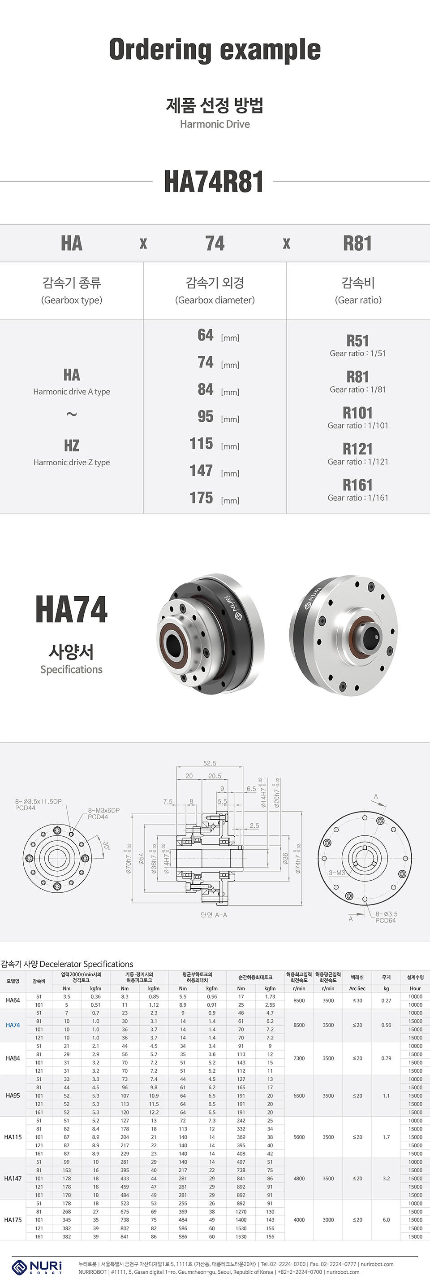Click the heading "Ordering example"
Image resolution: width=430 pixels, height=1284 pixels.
(x=215, y=50)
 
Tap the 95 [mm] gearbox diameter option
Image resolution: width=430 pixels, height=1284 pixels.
(x=214, y=417)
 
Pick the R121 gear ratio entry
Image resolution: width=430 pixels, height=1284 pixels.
(x=357, y=449)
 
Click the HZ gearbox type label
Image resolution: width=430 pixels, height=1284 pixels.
(x=71, y=445)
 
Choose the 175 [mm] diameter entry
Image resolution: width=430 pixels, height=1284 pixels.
(x=214, y=498)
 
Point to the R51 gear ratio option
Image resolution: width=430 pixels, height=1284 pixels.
(x=357, y=341)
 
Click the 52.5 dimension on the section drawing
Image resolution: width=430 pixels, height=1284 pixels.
(x=210, y=763)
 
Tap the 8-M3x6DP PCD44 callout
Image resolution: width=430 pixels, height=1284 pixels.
(x=103, y=813)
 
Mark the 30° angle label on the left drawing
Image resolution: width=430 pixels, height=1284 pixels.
(x=106, y=845)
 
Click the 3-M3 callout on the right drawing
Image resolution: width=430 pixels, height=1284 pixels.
(x=336, y=873)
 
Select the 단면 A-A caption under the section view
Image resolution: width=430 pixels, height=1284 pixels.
(x=214, y=915)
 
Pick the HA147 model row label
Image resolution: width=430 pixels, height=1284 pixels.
(x=13, y=1178)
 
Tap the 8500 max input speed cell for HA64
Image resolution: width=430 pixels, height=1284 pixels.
(x=299, y=1000)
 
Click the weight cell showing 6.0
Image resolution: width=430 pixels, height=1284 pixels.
(x=386, y=1220)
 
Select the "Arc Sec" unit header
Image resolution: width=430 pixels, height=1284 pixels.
(x=357, y=988)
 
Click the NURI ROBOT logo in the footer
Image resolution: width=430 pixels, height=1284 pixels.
(x=37, y=1267)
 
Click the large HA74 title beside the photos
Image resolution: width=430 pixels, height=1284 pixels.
(x=71, y=610)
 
